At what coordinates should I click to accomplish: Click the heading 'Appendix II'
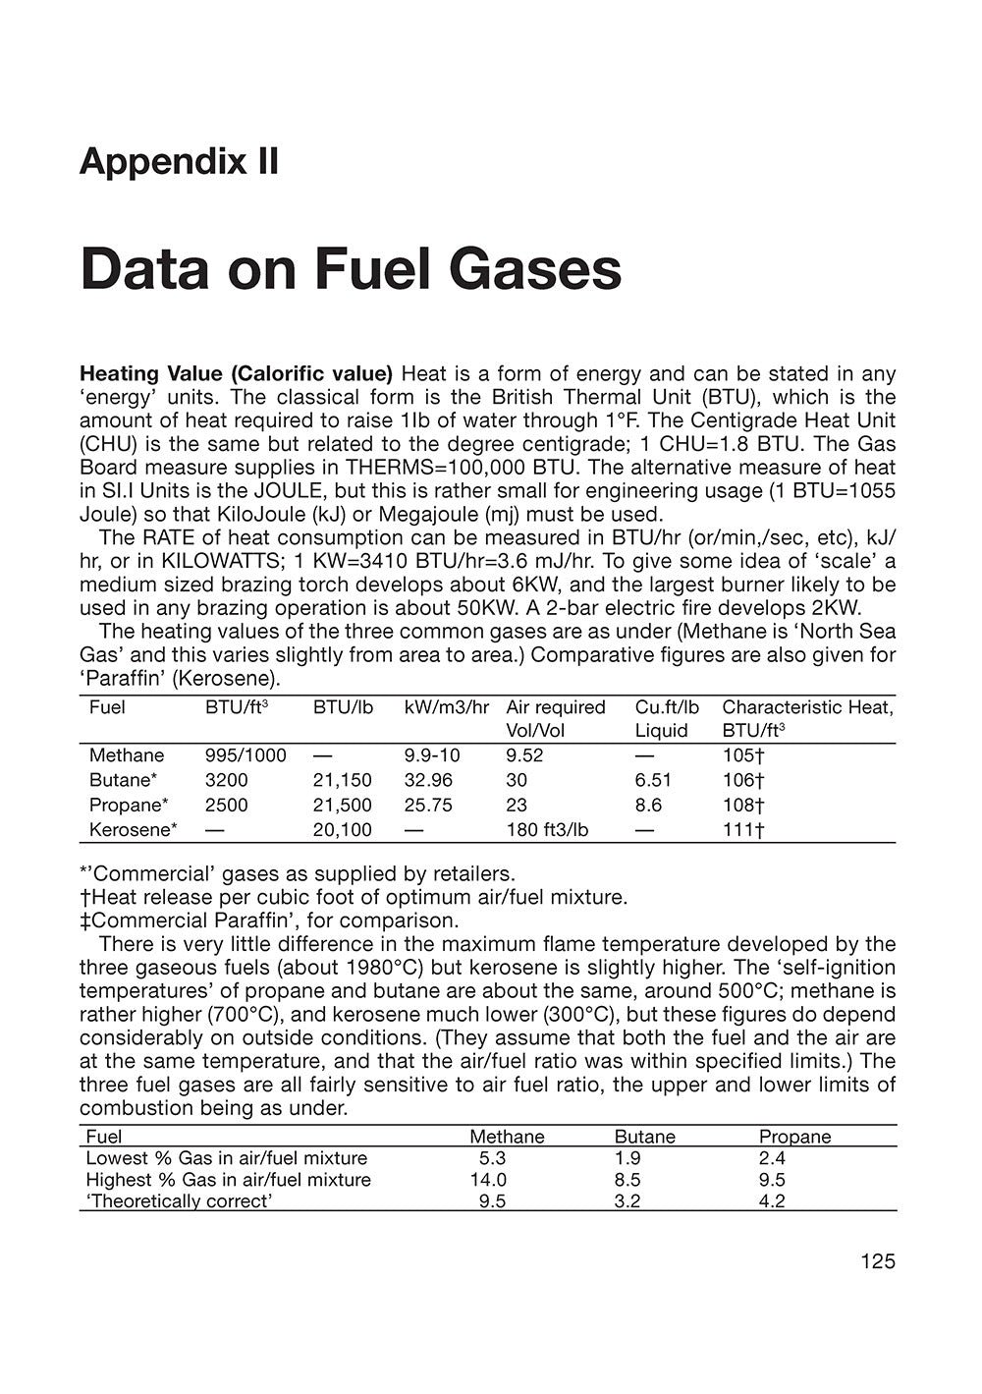[179, 161]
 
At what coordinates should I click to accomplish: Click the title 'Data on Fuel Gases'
[351, 269]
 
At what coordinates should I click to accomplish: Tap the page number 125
[877, 1261]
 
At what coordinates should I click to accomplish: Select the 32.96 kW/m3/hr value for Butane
[428, 780]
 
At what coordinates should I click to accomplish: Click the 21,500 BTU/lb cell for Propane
[342, 805]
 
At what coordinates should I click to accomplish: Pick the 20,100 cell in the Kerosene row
[342, 830]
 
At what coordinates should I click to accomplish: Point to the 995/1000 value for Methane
[245, 755]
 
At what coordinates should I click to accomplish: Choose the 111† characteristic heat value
[743, 830]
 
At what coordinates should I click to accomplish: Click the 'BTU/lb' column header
[343, 707]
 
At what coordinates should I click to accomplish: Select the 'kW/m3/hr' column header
[446, 707]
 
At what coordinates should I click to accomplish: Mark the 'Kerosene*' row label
[134, 830]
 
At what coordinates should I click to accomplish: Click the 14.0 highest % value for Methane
[488, 1180]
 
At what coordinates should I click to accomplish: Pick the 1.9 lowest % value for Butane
[627, 1158]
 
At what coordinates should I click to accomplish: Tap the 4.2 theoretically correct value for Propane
[772, 1201]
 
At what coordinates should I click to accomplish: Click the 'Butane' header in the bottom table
[644, 1137]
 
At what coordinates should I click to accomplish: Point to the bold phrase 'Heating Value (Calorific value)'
[236, 373]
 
